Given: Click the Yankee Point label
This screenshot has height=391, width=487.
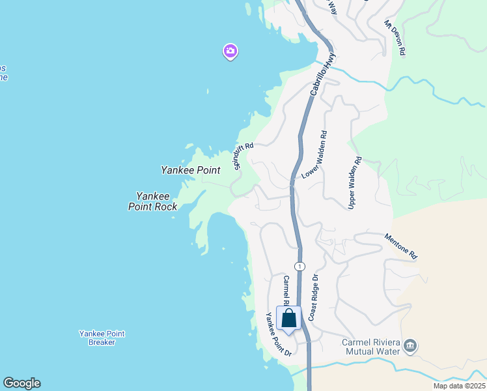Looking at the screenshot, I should pos(191,170).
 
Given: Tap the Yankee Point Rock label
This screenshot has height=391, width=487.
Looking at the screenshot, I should pos(153,201).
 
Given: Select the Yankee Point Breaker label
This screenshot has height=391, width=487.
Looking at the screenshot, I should pos(102,338).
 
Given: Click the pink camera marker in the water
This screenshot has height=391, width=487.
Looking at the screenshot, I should pos(230,51).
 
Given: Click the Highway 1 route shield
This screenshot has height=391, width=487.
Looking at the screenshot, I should pos(299,266).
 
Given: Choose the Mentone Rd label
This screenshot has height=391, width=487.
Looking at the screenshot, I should pos(400,246).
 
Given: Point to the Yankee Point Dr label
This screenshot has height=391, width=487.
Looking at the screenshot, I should pos(277,334).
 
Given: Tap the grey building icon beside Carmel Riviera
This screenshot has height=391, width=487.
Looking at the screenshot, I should pos(410,345).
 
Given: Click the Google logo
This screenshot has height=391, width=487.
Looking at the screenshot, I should pos(21,383).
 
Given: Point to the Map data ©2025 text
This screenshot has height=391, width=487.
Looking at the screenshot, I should pos(460,386).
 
